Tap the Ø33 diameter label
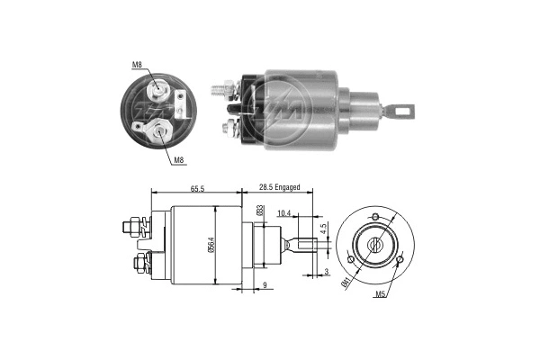(260, 211)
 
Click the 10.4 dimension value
(283, 213)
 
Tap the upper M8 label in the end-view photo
(137, 65)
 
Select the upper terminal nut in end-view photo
(158, 88)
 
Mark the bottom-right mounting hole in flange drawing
(400, 261)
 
